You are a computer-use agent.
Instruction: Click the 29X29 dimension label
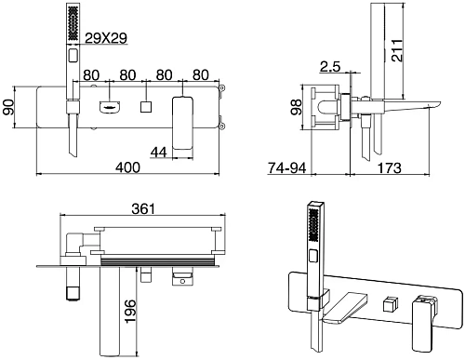pyautogui.click(x=106, y=38)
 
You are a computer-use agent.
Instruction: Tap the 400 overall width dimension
pyautogui.click(x=127, y=167)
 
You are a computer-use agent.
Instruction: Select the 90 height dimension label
pyautogui.click(x=8, y=107)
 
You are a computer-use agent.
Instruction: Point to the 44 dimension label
pyautogui.click(x=159, y=152)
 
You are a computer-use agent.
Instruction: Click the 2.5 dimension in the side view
pyautogui.click(x=330, y=66)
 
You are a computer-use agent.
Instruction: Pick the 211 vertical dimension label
pyautogui.click(x=396, y=50)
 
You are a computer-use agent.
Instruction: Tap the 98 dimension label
pyautogui.click(x=296, y=107)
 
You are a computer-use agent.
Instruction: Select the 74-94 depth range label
pyautogui.click(x=287, y=167)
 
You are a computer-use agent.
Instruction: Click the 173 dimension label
pyautogui.click(x=389, y=167)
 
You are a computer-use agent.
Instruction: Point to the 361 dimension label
pyautogui.click(x=143, y=208)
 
